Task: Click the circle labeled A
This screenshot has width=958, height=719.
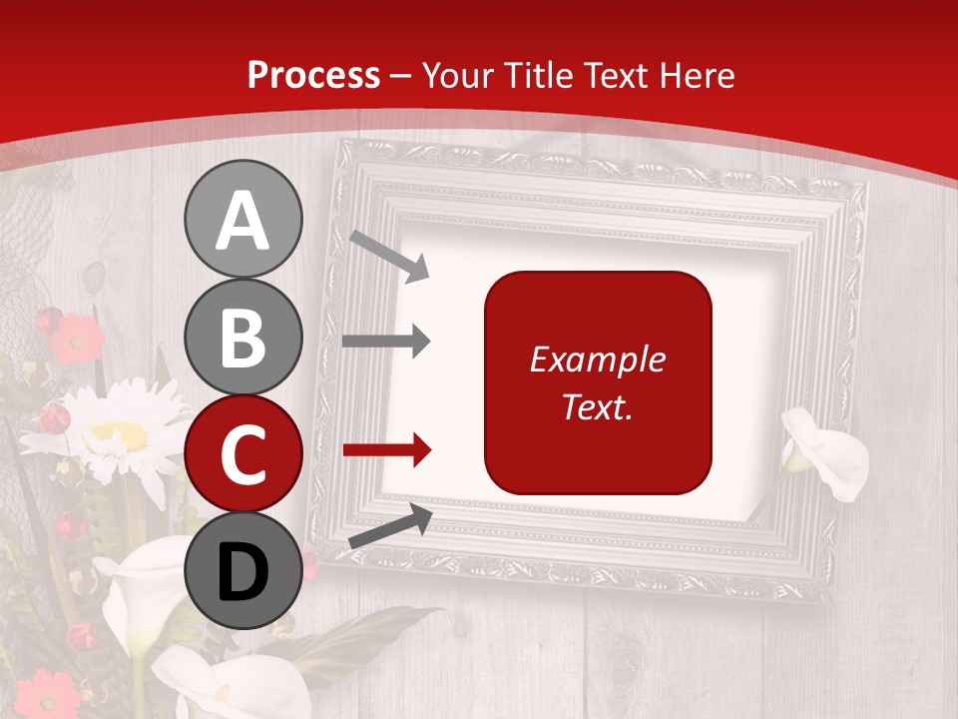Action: click(x=242, y=219)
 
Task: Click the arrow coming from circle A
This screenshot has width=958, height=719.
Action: click(x=389, y=256)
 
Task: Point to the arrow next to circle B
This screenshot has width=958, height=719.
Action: click(x=386, y=342)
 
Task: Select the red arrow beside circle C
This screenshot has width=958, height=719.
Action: click(x=386, y=450)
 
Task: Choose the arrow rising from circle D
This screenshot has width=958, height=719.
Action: click(x=390, y=526)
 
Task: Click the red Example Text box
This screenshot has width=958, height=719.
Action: click(x=598, y=382)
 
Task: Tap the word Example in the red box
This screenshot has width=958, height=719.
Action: click(x=598, y=359)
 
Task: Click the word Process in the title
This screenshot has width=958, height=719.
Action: click(x=313, y=75)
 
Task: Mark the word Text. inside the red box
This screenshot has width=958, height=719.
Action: click(x=598, y=406)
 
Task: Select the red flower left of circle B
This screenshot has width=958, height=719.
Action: click(x=75, y=338)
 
